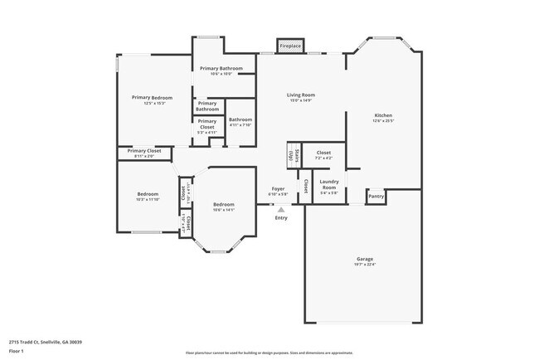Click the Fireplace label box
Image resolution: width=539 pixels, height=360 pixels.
point(289,46)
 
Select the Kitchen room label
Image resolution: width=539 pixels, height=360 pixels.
point(382,116)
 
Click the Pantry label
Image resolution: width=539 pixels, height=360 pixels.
point(376,197)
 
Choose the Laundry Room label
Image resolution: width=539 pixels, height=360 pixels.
point(329,184)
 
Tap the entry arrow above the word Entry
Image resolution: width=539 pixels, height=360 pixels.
point(281,210)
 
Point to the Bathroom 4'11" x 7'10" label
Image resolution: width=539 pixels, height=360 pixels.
point(240,122)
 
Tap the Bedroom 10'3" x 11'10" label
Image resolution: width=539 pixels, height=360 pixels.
point(147,196)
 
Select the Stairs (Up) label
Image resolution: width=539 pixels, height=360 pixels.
point(290,155)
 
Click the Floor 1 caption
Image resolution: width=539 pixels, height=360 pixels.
point(17,351)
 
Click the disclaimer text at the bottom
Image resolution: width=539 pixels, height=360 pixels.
point(269,352)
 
